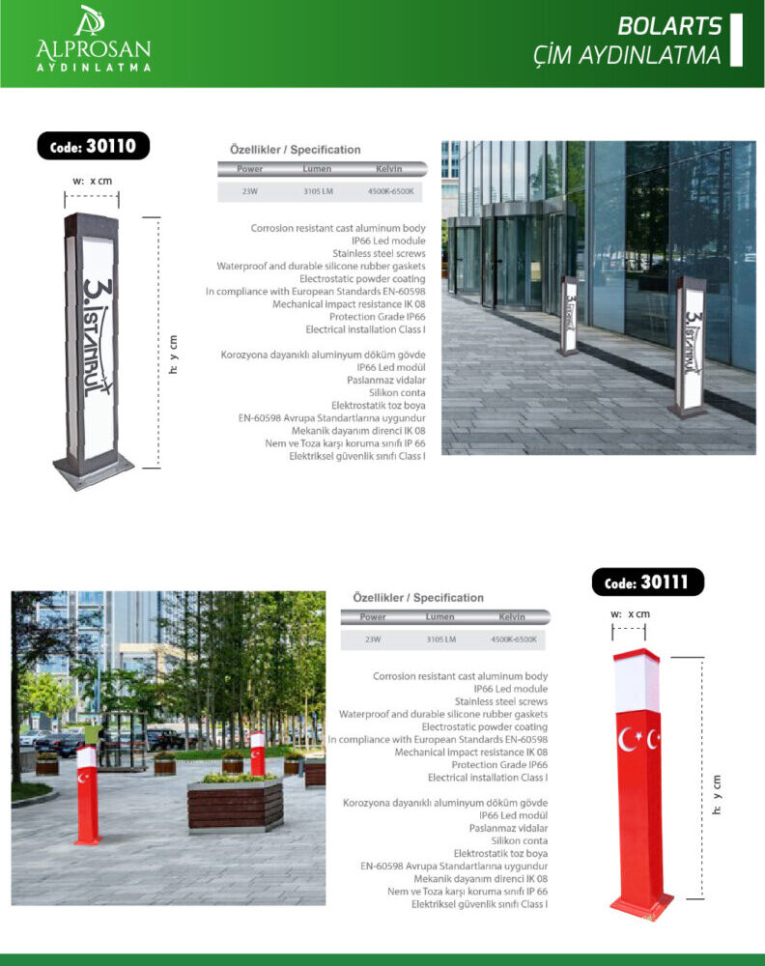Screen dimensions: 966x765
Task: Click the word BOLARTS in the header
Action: coord(669,25)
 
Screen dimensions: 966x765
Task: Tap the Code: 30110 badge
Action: coord(94,146)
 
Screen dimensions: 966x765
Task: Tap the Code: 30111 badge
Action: coord(647,582)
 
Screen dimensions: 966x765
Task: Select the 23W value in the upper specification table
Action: coord(249,191)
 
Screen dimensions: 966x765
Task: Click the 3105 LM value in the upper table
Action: coord(317,191)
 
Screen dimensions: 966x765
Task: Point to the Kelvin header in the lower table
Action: coord(512,616)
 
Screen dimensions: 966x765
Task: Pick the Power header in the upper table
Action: coord(250,169)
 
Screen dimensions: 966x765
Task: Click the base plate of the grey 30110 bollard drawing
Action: coord(93,472)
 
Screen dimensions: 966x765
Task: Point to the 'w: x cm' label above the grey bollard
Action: coord(93,181)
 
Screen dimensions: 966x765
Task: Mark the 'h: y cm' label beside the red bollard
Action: coord(717,795)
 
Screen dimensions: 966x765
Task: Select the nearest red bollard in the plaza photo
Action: coord(87,795)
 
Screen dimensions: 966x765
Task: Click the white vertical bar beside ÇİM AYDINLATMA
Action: coord(736,40)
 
